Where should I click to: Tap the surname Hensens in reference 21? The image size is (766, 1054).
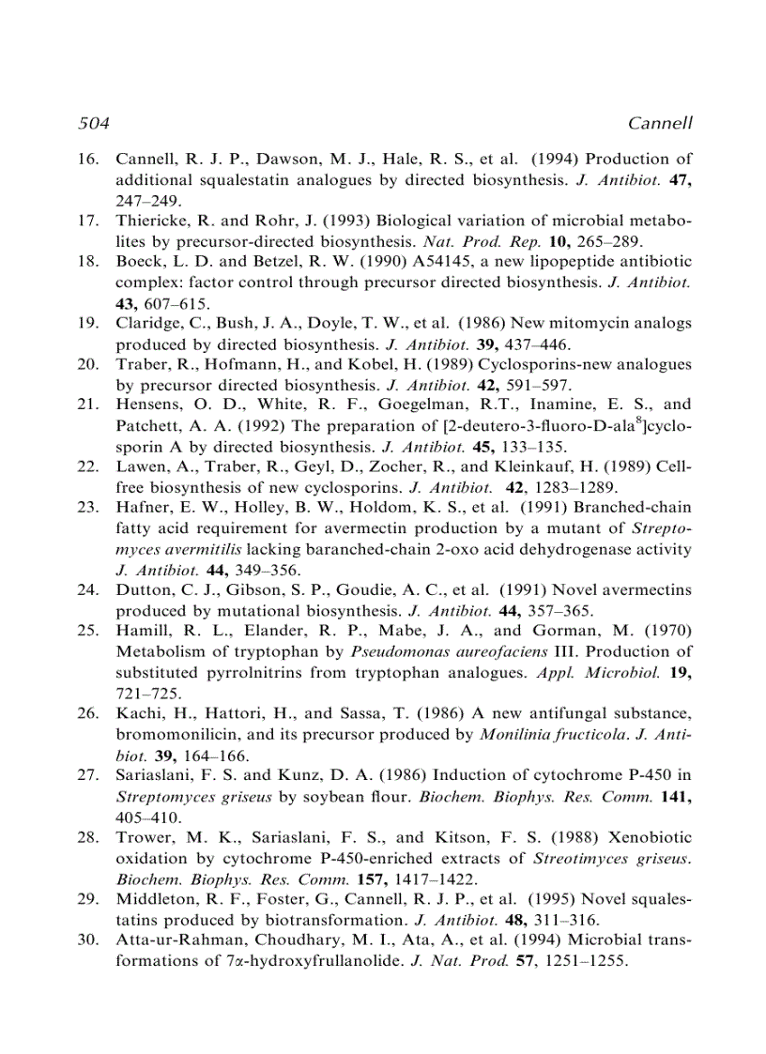pos(148,405)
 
